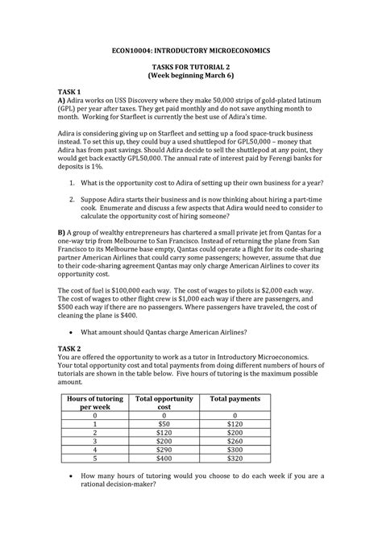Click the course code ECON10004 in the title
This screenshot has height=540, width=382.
137,50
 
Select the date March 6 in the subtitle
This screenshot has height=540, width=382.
215,81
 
